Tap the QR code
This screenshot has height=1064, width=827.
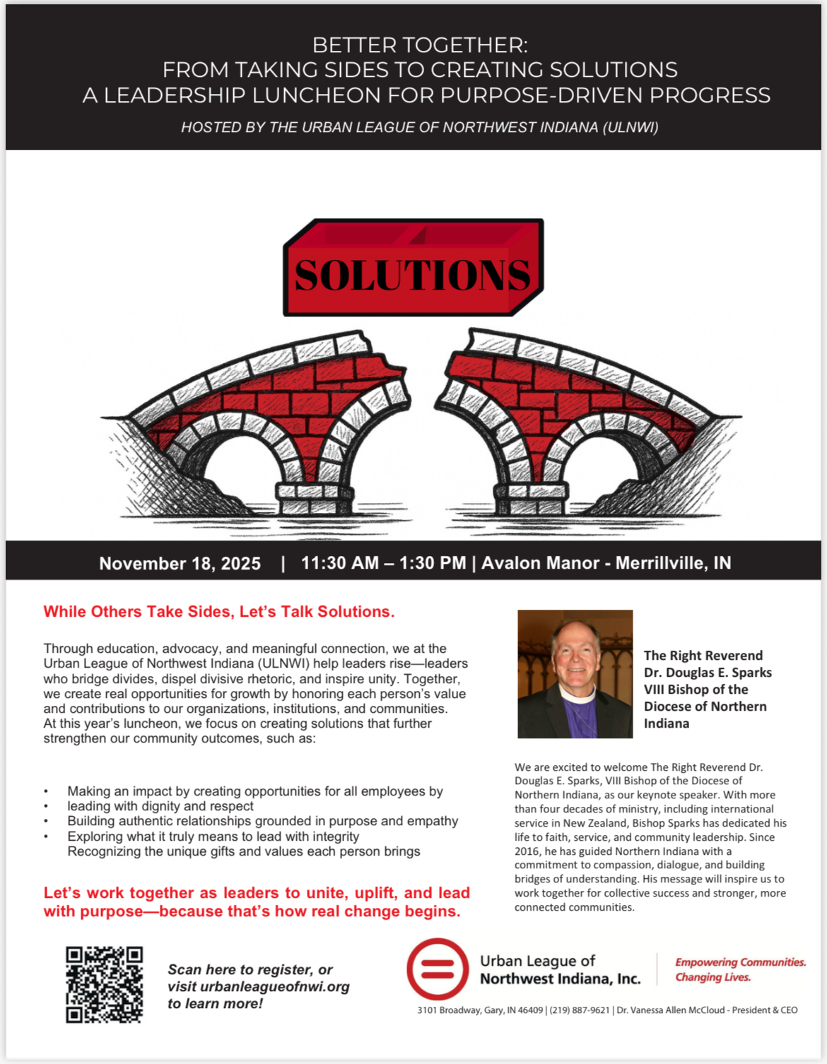tap(104, 984)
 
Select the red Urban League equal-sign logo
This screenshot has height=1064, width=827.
tap(438, 969)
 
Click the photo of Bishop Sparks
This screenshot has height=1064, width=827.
tap(575, 674)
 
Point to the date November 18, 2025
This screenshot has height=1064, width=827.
tap(180, 563)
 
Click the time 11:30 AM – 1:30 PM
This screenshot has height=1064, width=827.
tap(383, 562)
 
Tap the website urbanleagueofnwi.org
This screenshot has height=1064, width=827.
tap(275, 986)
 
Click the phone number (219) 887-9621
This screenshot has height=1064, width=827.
tap(579, 1010)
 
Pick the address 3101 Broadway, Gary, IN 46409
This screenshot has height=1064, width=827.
tap(480, 1010)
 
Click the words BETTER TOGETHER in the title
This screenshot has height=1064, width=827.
tap(419, 45)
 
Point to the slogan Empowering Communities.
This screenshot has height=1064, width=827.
tap(740, 962)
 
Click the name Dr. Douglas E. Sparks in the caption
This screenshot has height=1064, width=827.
tap(707, 673)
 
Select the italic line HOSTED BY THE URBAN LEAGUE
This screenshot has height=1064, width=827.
tap(419, 127)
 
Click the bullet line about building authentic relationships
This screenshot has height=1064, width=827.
tap(262, 821)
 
